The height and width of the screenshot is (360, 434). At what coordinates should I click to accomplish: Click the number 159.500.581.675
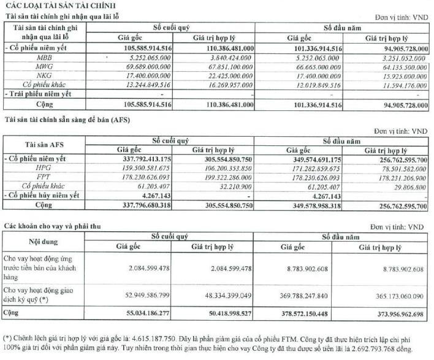(134, 167)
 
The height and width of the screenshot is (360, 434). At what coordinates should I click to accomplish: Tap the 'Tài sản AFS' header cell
(43, 145)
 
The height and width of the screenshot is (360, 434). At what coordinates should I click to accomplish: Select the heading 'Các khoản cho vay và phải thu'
(50, 226)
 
